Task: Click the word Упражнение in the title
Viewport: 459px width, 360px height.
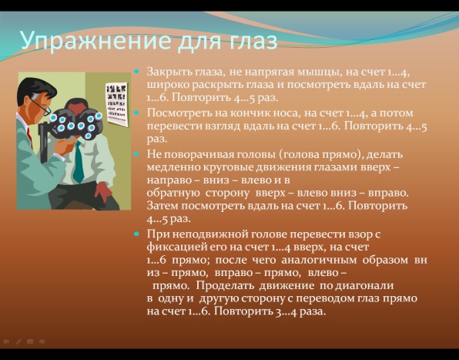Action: (x=96, y=41)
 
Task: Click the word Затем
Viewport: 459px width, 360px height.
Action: (x=162, y=206)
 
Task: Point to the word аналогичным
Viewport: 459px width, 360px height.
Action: (x=319, y=260)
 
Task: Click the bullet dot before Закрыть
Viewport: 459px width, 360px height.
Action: (x=136, y=71)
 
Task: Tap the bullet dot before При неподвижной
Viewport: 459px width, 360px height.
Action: (x=136, y=234)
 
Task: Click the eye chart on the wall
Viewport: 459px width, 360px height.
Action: (x=116, y=104)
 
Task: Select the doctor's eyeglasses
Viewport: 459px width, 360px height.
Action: (x=41, y=106)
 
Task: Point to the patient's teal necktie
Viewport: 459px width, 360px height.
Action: (x=79, y=162)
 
